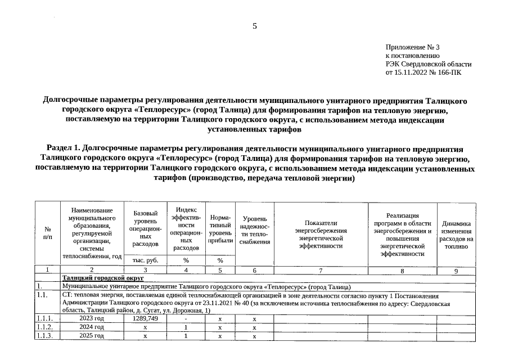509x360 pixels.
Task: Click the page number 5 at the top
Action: point(255,26)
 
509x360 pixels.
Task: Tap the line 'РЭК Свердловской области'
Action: point(428,64)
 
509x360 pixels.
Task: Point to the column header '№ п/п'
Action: point(47,233)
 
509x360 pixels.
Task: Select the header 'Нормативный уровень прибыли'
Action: point(220,228)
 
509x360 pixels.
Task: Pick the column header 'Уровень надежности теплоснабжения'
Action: point(254,229)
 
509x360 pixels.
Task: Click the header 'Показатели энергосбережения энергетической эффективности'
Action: point(320,234)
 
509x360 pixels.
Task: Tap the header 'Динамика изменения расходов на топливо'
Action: point(456,235)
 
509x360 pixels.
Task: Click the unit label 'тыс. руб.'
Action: point(145,260)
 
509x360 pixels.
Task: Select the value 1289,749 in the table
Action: point(145,318)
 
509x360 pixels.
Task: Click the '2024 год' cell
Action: point(92,327)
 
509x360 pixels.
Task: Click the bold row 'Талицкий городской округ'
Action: point(96,278)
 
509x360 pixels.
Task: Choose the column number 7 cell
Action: point(320,271)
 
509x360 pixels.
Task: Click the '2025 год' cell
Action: point(92,336)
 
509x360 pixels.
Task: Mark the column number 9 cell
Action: point(456,271)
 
